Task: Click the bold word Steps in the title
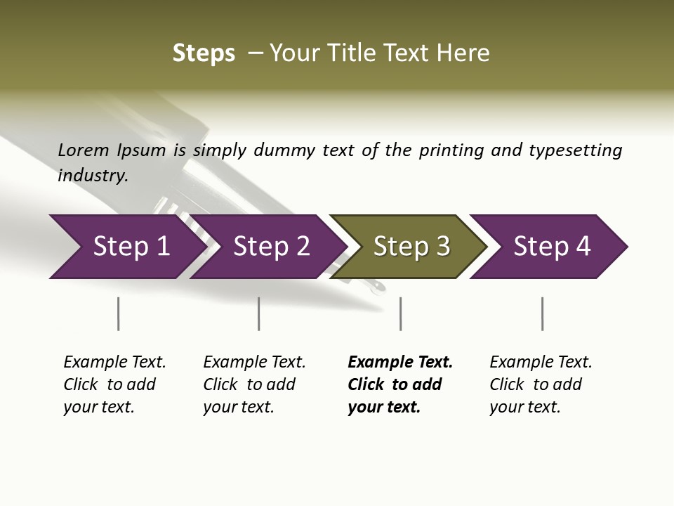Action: pos(204,53)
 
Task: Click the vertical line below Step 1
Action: pos(118,313)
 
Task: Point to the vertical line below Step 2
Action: pos(259,313)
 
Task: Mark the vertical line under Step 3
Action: pos(400,313)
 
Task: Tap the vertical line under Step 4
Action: pos(542,313)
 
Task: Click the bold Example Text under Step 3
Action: pos(400,363)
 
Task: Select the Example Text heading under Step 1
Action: pos(114,363)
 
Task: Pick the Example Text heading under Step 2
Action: pos(254,363)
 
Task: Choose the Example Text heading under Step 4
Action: pos(541,363)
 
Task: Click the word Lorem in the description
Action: pos(84,150)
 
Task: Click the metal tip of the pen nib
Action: pos(378,286)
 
